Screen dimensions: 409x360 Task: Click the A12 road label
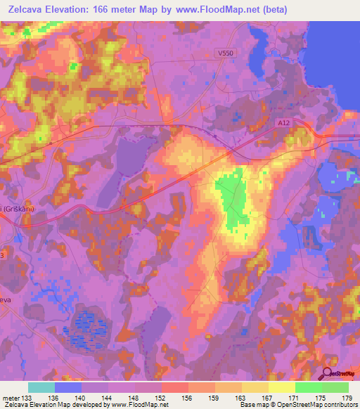(283, 122)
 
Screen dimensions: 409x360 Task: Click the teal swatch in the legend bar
(41, 387)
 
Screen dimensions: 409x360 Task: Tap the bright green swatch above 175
(309, 387)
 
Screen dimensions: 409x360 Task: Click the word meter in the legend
(12, 398)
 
